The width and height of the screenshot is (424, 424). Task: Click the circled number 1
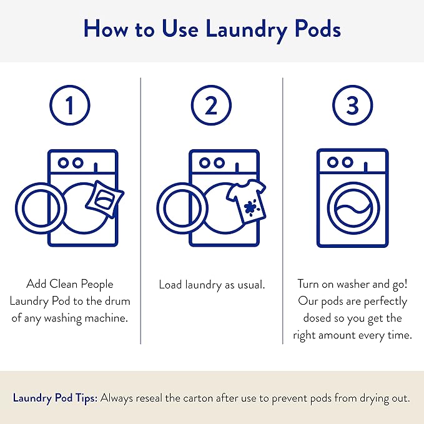click(70, 106)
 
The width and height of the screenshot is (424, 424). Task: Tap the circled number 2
click(211, 106)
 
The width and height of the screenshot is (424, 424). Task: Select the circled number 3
click(353, 106)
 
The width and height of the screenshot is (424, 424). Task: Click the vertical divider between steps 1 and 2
click(141, 212)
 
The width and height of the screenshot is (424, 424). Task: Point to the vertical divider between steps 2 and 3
click(282, 212)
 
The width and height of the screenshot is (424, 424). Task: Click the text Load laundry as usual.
click(212, 285)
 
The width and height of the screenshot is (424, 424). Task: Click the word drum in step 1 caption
click(117, 301)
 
